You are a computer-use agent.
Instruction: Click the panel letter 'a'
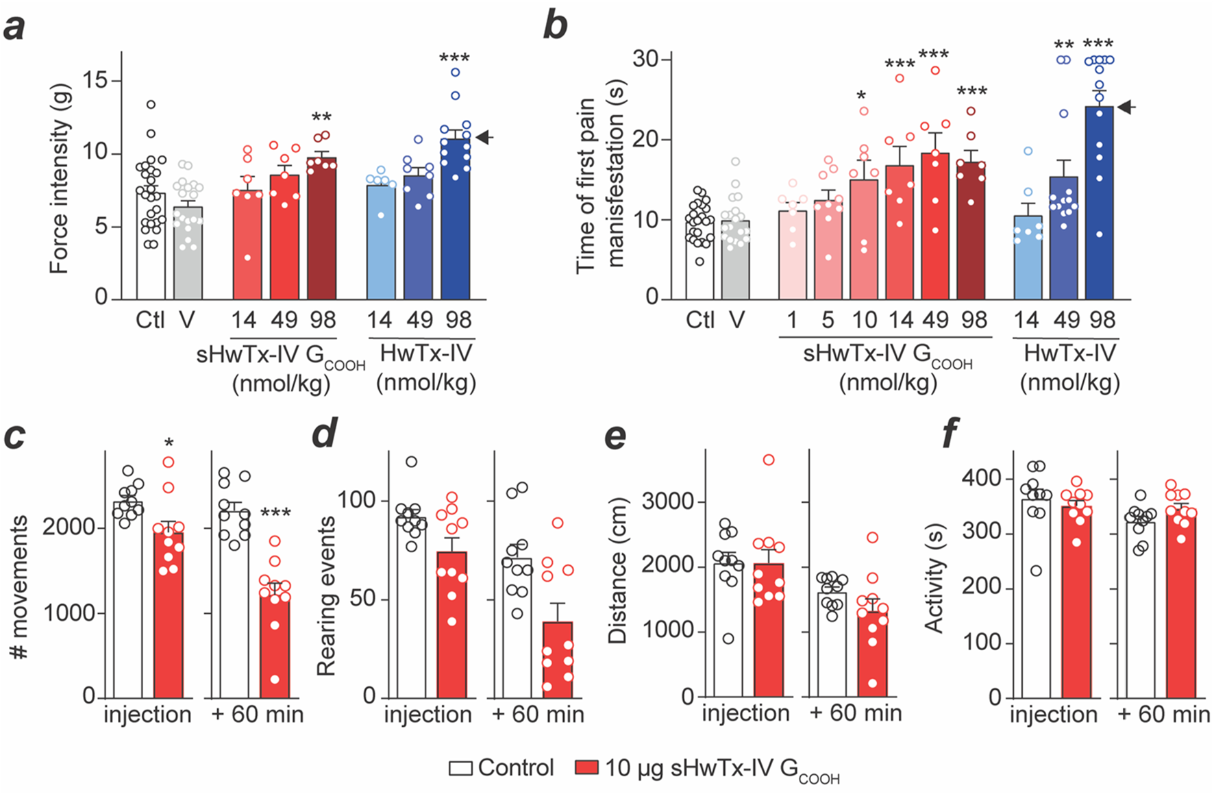(x=15, y=29)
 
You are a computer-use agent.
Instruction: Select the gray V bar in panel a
(x=187, y=253)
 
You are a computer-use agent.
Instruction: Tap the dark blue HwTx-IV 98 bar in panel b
(x=1099, y=206)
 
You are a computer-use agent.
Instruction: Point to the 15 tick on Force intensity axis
(x=95, y=81)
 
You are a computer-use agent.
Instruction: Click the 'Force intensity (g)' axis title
(x=60, y=178)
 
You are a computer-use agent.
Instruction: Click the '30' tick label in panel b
(x=646, y=60)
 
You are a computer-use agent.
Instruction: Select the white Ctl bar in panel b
(x=699, y=260)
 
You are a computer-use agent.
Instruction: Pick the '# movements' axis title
(x=20, y=588)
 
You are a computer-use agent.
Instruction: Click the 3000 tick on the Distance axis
(x=668, y=501)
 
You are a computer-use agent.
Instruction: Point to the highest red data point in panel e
(x=769, y=460)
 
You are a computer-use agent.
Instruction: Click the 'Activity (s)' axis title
(x=934, y=586)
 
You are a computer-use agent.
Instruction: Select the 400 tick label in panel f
(x=982, y=478)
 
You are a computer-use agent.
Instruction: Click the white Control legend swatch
(x=460, y=768)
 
